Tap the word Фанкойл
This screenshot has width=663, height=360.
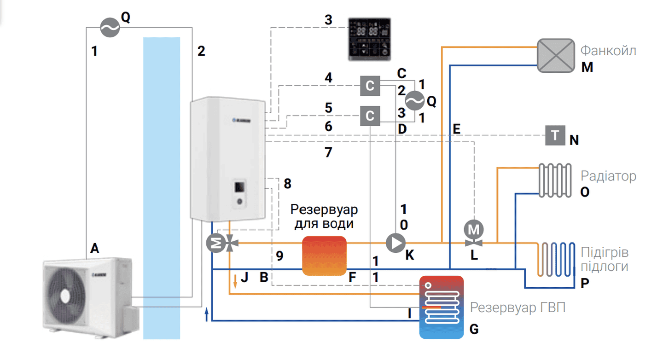pyautogui.click(x=608, y=50)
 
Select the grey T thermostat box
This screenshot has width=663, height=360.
pyautogui.click(x=556, y=135)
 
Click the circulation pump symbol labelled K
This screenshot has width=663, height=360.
pyautogui.click(x=395, y=243)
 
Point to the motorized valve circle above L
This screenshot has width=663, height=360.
pyautogui.click(x=473, y=228)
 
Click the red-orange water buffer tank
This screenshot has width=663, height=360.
pyautogui.click(x=324, y=255)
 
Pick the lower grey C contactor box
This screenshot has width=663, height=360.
pyautogui.click(x=371, y=116)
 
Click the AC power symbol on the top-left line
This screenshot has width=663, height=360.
pyautogui.click(x=110, y=28)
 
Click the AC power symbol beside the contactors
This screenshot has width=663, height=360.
pyautogui.click(x=413, y=100)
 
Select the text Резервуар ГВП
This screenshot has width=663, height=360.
pyautogui.click(x=517, y=308)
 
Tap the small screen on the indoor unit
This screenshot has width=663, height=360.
pyautogui.click(x=240, y=187)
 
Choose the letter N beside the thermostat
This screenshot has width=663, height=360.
pyautogui.click(x=574, y=140)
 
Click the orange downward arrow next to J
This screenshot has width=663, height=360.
pyautogui.click(x=235, y=280)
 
